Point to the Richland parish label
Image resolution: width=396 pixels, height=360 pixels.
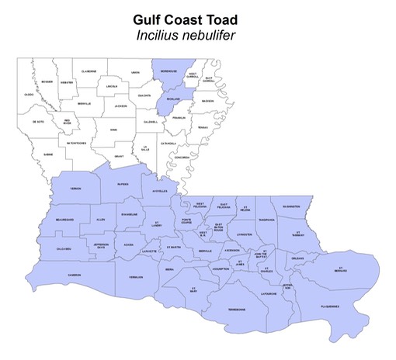173,99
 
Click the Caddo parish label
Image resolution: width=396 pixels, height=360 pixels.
29,95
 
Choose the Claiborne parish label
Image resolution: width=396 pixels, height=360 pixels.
89,71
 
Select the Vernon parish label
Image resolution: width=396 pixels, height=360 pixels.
76,189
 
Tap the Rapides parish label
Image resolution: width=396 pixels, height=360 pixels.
123,185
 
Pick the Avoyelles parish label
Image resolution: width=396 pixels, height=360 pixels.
159,190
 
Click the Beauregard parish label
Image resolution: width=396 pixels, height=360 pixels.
64,220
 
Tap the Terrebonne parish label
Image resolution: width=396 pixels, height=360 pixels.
236,310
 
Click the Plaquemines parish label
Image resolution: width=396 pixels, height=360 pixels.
330,306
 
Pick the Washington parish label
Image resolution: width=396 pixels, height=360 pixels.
291,206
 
